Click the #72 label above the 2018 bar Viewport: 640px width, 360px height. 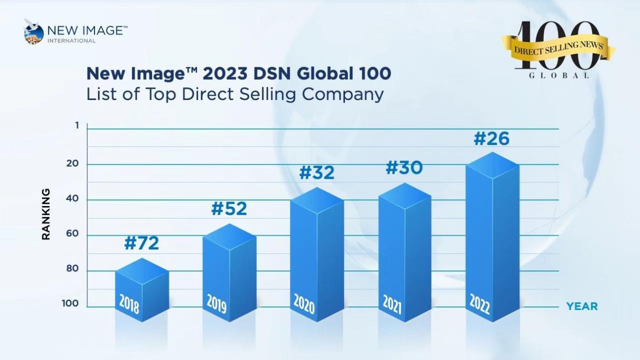(141, 243)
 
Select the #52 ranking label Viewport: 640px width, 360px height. (229, 209)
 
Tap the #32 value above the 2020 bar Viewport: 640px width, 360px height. (317, 173)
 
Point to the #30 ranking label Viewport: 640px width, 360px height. (404, 168)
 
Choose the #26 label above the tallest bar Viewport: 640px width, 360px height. (491, 139)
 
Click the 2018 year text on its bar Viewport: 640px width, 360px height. (129, 304)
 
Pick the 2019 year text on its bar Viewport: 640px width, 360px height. (217, 303)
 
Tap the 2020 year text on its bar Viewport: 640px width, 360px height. (304, 303)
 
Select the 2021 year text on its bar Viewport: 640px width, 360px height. (391, 303)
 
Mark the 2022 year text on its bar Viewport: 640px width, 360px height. (479, 303)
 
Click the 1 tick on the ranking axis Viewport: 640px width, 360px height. (77, 125)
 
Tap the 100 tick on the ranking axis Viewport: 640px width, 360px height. (71, 303)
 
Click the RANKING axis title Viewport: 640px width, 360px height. (46, 214)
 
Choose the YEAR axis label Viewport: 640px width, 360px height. (582, 306)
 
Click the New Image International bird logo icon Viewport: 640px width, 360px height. (33, 32)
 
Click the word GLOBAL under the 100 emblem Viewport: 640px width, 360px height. (559, 76)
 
